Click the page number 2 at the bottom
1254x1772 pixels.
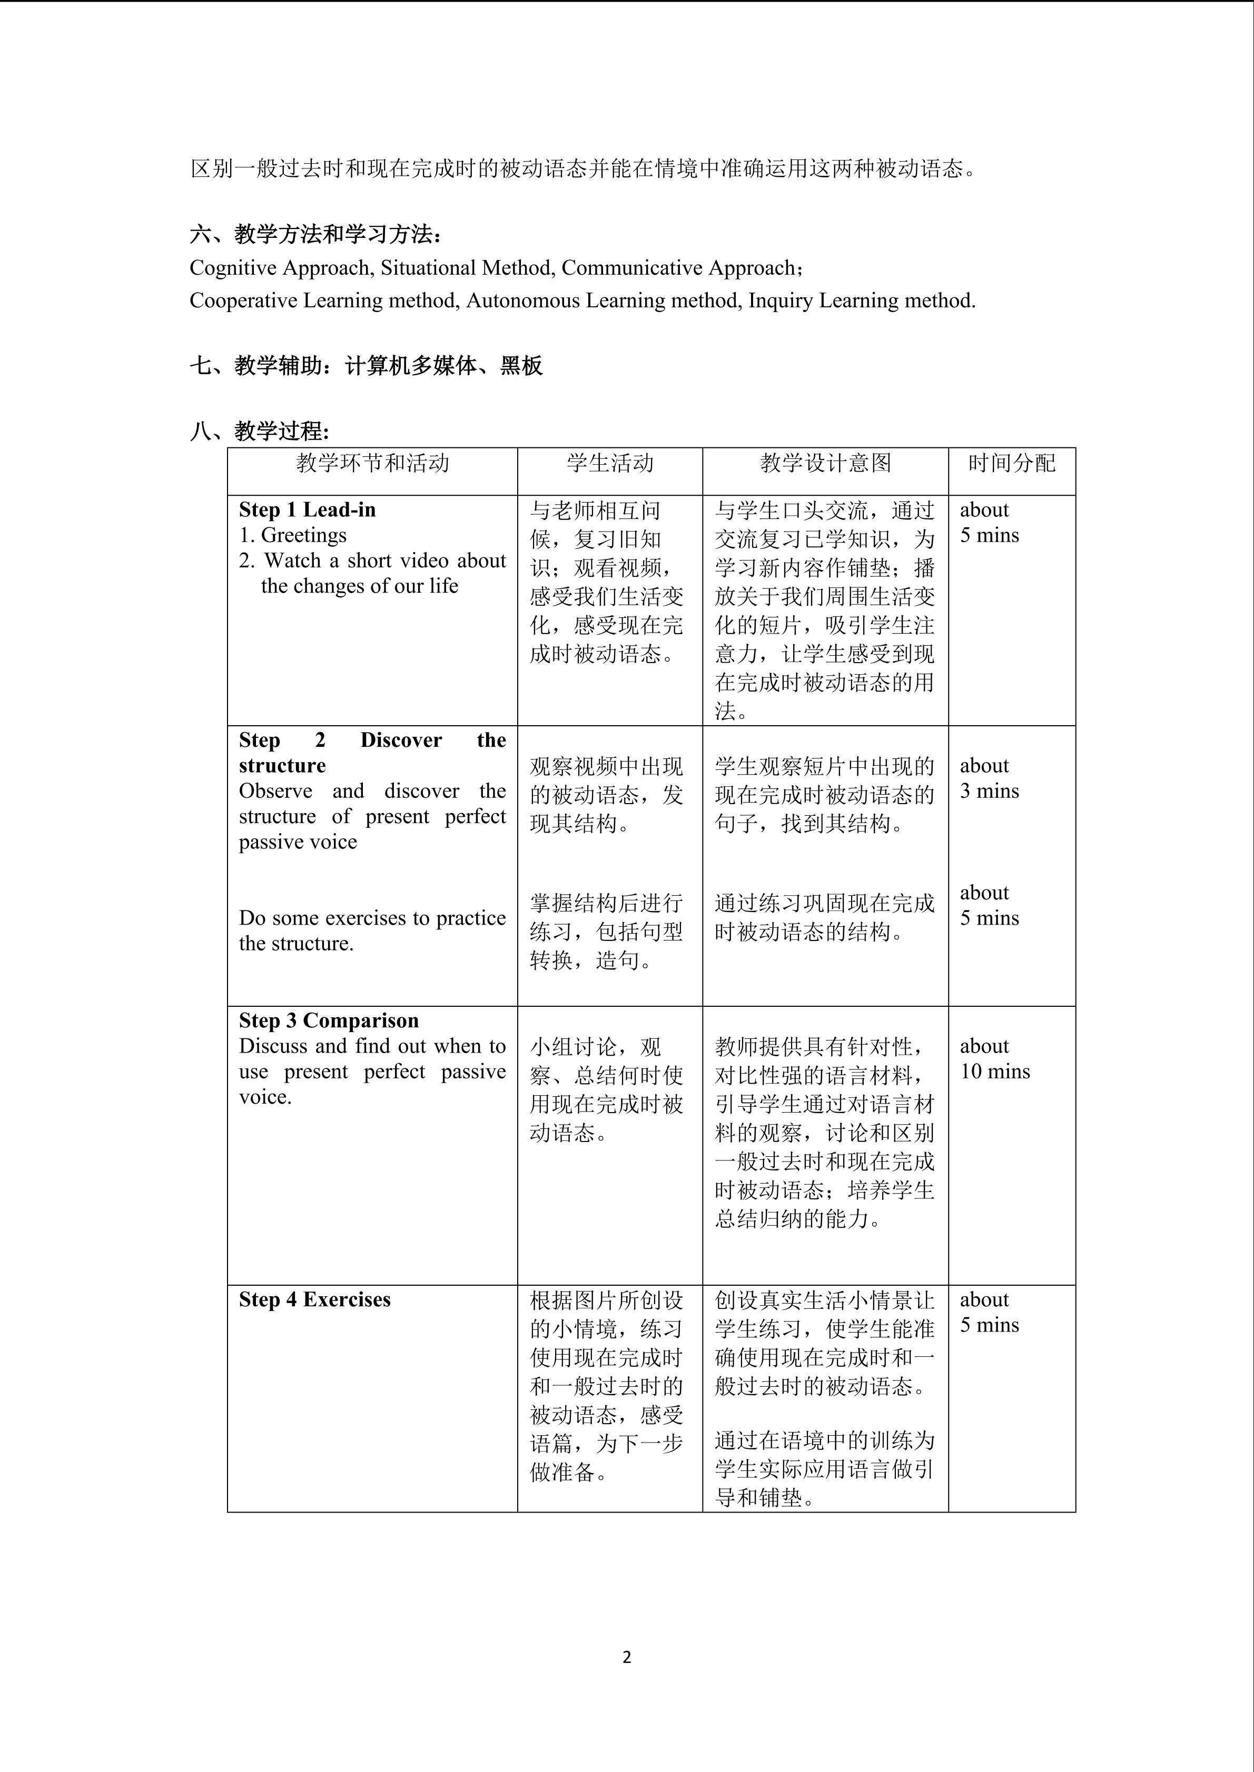click(x=626, y=1657)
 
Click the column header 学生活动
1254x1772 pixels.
click(x=610, y=463)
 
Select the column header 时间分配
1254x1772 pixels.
click(x=1012, y=463)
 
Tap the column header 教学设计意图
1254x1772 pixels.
click(x=825, y=463)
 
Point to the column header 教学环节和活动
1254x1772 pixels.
click(x=372, y=463)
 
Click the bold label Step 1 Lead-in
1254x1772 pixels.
click(x=308, y=509)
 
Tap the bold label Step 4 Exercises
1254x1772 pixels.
click(x=314, y=1300)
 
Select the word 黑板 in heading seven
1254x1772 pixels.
click(x=521, y=365)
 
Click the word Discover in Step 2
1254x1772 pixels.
click(x=401, y=740)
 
